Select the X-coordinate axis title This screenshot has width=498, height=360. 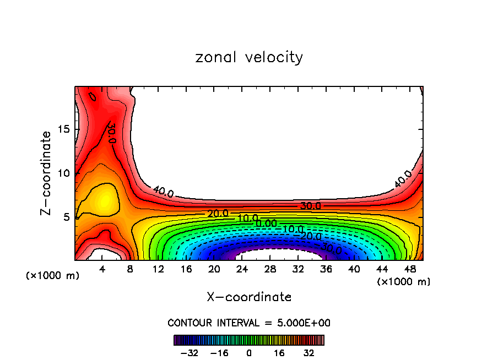click(x=249, y=297)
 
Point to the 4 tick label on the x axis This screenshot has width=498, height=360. click(x=102, y=269)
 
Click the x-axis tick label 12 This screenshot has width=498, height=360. click(x=158, y=269)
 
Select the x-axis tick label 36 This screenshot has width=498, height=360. click(x=326, y=269)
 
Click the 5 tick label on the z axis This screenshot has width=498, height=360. click(x=63, y=217)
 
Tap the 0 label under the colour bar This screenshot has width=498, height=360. click(x=249, y=352)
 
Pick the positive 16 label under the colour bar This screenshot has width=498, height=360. click(x=279, y=352)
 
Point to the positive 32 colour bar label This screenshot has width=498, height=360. click(x=309, y=352)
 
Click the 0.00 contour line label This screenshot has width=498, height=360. click(x=266, y=223)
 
